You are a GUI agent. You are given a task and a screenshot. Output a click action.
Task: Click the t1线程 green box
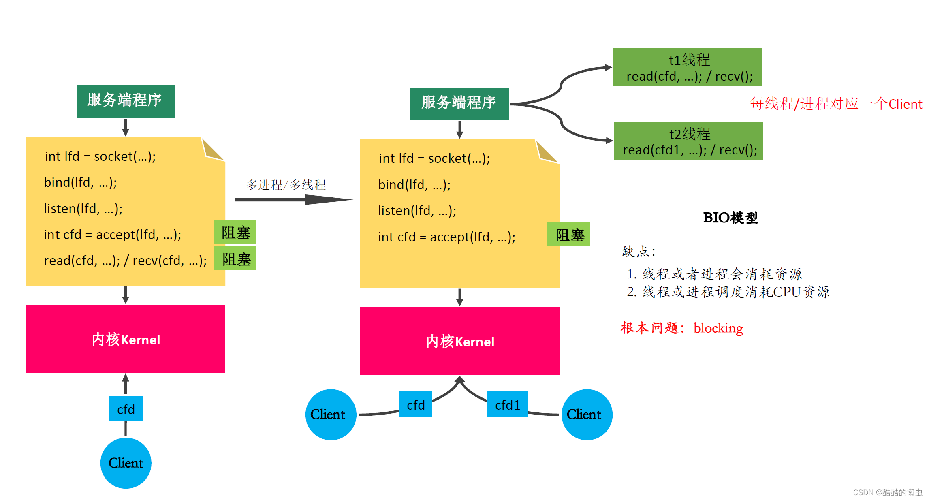click(687, 67)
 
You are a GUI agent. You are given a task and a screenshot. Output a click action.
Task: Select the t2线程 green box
click(688, 141)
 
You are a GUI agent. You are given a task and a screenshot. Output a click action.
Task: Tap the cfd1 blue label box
click(507, 404)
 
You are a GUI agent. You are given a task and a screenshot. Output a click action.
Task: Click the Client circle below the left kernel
click(126, 463)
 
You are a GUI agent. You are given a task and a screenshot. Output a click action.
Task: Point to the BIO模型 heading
click(730, 218)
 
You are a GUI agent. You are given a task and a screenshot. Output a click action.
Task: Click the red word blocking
click(718, 328)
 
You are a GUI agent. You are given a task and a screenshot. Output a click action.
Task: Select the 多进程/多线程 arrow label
click(286, 185)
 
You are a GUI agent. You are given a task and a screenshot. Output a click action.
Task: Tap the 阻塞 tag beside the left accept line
click(235, 232)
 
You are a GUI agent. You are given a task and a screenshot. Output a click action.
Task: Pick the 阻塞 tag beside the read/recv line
click(235, 259)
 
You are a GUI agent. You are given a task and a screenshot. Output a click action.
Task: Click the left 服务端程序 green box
click(125, 101)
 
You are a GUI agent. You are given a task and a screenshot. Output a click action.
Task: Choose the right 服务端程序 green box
click(459, 104)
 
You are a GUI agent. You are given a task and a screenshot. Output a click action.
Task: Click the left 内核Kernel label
click(126, 340)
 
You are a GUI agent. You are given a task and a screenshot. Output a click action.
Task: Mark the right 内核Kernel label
click(460, 342)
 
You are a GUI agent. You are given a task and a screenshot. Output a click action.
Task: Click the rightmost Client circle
click(587, 414)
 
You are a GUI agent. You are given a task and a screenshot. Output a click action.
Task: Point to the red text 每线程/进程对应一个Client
click(836, 104)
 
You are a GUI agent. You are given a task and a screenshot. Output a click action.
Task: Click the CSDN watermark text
click(887, 492)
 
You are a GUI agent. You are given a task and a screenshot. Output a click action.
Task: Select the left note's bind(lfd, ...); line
click(80, 182)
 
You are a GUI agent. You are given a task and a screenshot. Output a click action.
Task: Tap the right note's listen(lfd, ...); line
click(417, 211)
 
